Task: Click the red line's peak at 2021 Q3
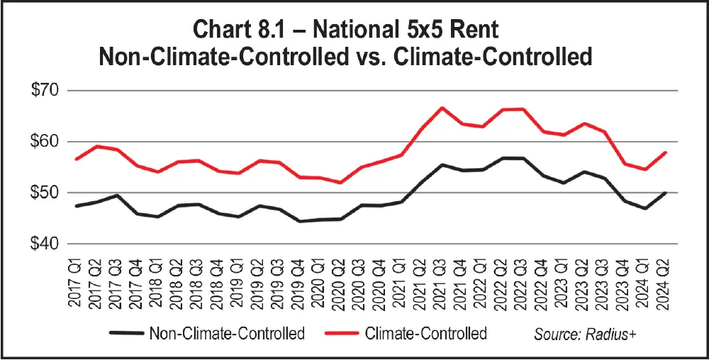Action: pyautogui.click(x=442, y=108)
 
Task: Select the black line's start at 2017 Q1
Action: pyautogui.click(x=77, y=206)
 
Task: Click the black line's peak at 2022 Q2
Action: pyautogui.click(x=503, y=158)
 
